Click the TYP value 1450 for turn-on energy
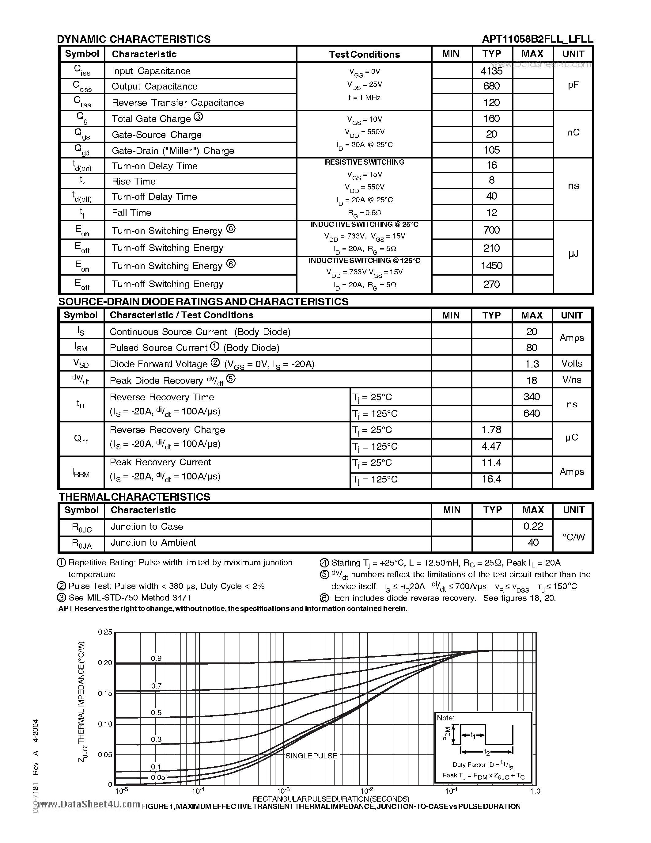[491, 265]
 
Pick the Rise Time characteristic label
[134, 181]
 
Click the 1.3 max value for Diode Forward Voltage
[532, 364]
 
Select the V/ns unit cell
[572, 380]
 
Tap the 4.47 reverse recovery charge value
[491, 446]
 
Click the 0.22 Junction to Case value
[533, 526]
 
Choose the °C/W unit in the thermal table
[573, 536]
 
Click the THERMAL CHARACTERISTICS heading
[134, 497]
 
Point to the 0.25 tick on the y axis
[104, 632]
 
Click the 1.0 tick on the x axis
[535, 791]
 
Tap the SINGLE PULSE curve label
[311, 756]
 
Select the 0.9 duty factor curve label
[156, 658]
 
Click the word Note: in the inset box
[445, 718]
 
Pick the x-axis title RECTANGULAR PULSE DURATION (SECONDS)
[331, 799]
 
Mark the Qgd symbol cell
[82, 150]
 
